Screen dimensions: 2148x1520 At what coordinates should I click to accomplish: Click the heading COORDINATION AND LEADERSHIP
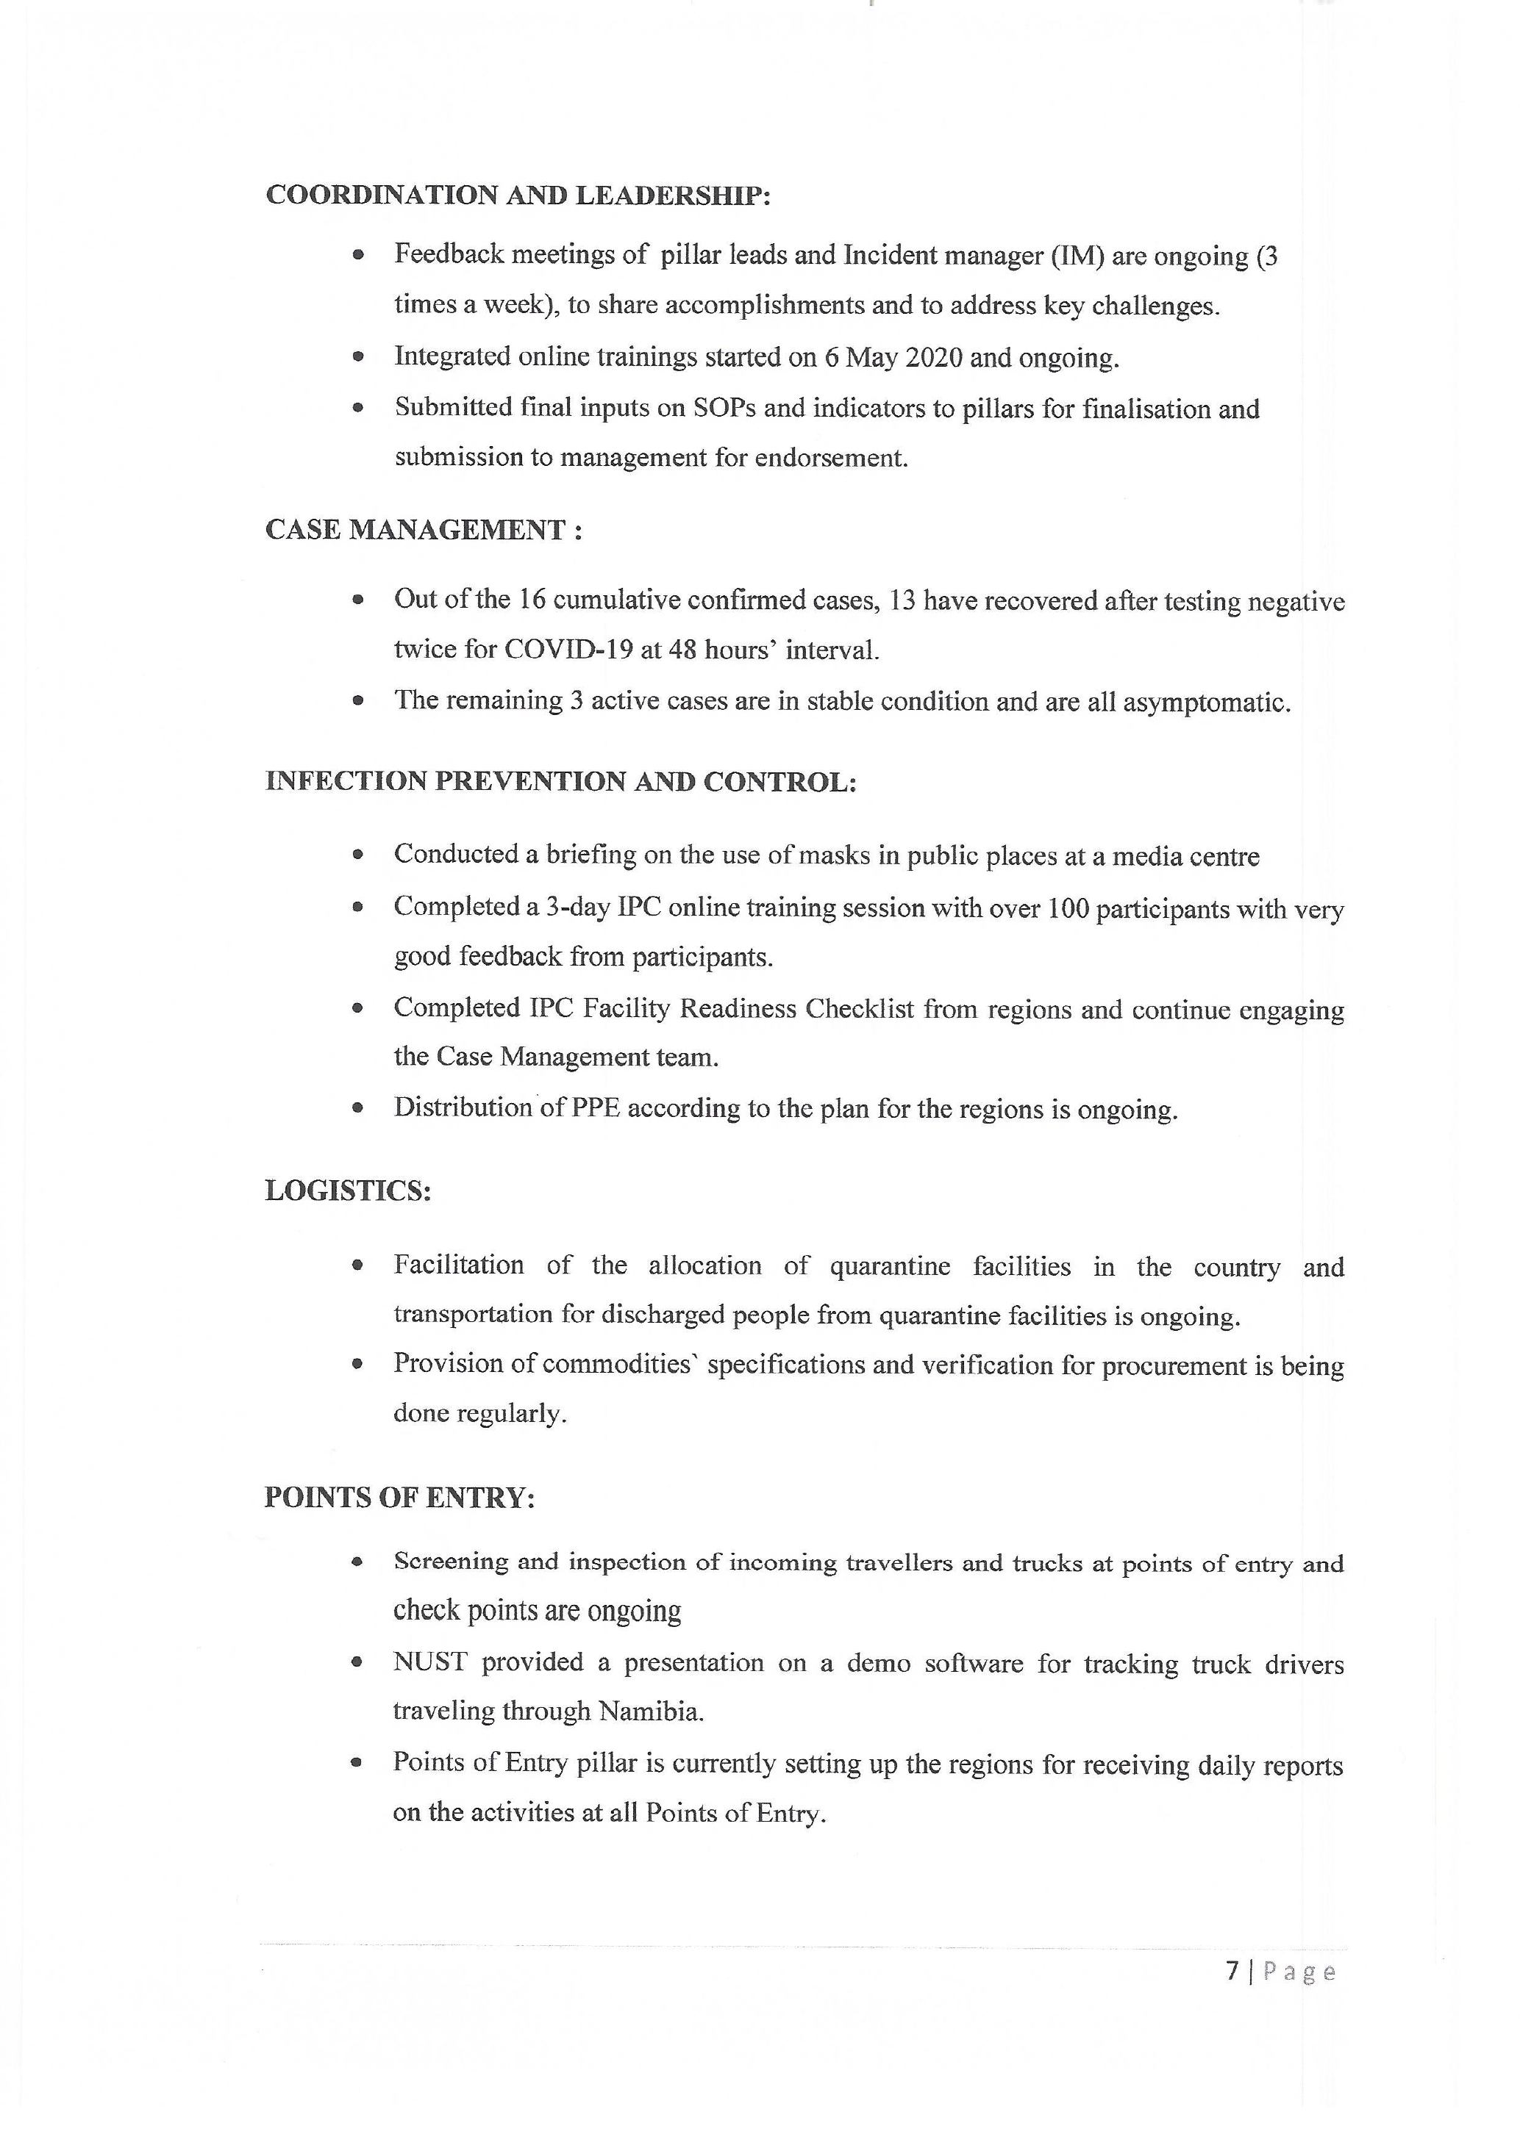click(x=518, y=195)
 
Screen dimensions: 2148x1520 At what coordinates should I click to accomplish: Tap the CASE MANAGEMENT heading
click(x=423, y=530)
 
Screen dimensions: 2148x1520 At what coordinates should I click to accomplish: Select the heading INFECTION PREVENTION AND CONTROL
click(x=560, y=781)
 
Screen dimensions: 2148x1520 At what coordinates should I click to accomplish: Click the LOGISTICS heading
click(x=348, y=1191)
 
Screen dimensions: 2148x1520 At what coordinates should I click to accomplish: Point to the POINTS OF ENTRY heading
click(x=399, y=1498)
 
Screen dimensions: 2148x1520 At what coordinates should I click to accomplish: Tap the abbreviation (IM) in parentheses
click(x=1077, y=256)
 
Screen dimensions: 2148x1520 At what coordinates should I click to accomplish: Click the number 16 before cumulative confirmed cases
click(x=532, y=599)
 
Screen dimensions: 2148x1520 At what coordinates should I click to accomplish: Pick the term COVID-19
click(x=568, y=650)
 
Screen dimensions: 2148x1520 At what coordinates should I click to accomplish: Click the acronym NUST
click(x=429, y=1662)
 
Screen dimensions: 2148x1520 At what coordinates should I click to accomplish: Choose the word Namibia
click(x=651, y=1711)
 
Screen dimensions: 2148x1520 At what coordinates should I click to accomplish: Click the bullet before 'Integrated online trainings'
click(x=357, y=357)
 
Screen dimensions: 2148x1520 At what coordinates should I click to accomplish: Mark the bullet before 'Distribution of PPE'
click(x=357, y=1109)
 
